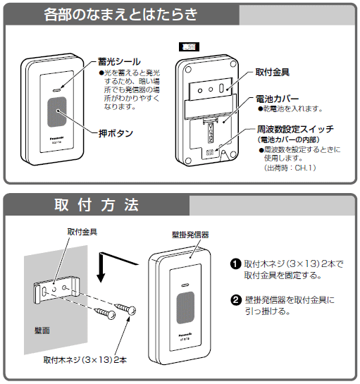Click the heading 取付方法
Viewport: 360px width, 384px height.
point(97,205)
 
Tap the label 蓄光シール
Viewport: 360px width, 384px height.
point(120,62)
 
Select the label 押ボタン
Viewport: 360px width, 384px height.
point(116,132)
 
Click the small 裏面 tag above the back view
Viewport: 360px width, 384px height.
point(190,47)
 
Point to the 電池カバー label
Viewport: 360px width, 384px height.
point(280,99)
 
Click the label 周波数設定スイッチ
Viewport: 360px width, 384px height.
point(296,130)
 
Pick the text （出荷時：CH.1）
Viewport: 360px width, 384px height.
point(290,169)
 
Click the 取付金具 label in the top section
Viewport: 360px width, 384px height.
point(275,73)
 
